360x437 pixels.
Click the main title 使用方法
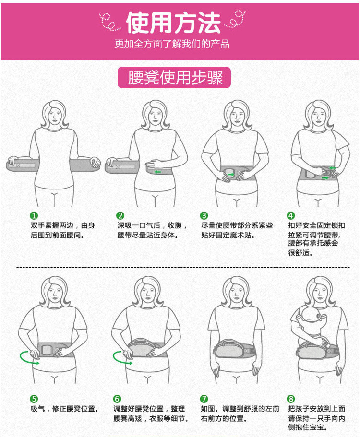(173, 23)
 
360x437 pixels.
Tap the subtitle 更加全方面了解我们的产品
(172, 44)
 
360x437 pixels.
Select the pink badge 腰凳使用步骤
(174, 78)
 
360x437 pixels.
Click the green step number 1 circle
(34, 215)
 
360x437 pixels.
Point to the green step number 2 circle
(120, 215)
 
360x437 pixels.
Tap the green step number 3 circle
(204, 215)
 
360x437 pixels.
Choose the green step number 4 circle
(290, 215)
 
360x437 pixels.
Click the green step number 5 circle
(34, 399)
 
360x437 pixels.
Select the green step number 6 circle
(117, 399)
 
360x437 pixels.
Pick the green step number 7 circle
(204, 399)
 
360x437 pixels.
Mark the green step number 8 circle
(290, 399)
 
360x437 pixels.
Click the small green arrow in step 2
(157, 172)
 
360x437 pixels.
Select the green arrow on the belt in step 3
(230, 175)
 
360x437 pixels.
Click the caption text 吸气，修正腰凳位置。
(64, 409)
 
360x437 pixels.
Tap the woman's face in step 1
(55, 115)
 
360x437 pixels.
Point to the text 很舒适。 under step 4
(300, 253)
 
